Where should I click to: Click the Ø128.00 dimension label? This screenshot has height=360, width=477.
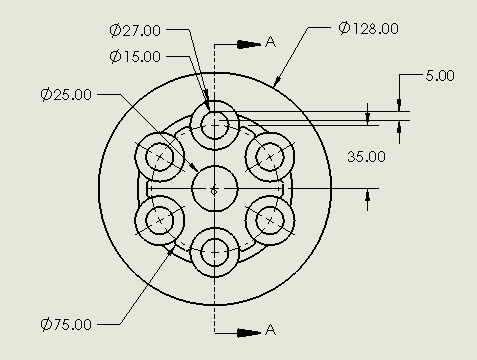[369, 28]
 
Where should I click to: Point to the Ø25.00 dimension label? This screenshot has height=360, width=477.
[67, 95]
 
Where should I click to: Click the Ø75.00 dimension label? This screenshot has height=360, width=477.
[67, 324]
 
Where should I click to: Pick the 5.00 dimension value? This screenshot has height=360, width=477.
[439, 75]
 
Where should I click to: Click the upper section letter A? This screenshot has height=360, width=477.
[270, 42]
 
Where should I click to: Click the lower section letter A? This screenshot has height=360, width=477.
[270, 331]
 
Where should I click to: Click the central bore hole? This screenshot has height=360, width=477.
[215, 188]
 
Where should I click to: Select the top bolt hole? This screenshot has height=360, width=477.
[215, 125]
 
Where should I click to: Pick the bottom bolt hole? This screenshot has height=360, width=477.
[215, 252]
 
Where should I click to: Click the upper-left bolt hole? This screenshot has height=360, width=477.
[160, 157]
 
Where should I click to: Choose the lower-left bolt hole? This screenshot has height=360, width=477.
[160, 219]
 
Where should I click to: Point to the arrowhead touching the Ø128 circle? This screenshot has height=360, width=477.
[278, 82]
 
